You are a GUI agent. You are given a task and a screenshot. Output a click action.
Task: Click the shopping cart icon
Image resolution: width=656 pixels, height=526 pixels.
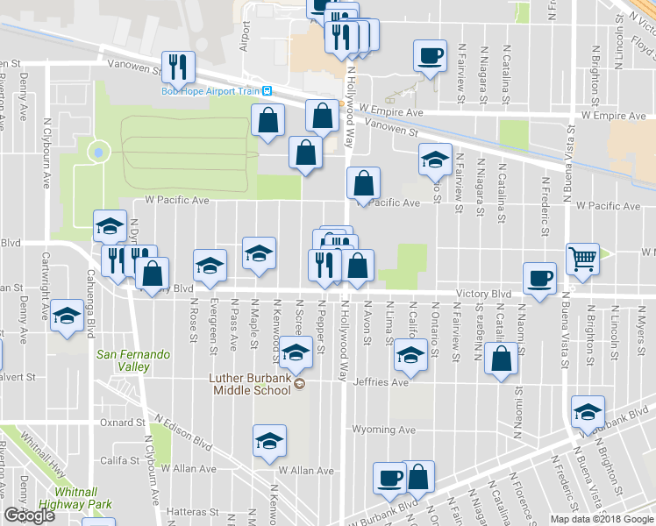point(582,259)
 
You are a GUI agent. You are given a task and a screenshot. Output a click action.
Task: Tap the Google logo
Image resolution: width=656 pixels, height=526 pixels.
point(30,515)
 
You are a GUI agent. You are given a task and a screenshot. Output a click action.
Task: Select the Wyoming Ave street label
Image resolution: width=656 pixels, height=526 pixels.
point(383,430)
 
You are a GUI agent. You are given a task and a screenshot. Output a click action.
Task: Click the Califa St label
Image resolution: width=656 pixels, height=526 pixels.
point(120,460)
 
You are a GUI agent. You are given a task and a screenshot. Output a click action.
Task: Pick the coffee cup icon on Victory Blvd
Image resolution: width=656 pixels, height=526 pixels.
point(539,278)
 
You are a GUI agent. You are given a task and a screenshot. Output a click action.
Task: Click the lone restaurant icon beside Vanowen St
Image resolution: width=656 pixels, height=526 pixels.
point(179,66)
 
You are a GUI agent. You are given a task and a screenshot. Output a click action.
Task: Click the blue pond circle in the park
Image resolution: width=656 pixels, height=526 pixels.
point(97,153)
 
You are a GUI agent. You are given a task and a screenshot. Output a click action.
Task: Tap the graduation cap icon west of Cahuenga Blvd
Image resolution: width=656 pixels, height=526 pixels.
point(66,317)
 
